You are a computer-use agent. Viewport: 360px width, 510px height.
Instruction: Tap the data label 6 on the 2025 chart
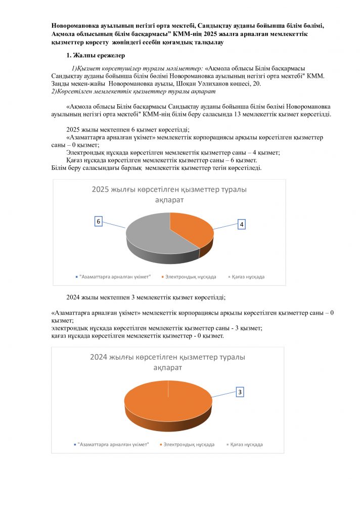pyautogui.click(x=99, y=222)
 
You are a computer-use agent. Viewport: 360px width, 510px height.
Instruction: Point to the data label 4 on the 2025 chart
pyautogui.click(x=242, y=224)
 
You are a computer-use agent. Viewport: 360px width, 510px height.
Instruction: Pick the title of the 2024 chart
pyautogui.click(x=167, y=361)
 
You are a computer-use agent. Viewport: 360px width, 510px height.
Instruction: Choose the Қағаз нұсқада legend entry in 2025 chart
pyautogui.click(x=247, y=277)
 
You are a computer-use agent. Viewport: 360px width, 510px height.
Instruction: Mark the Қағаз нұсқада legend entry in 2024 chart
pyautogui.click(x=245, y=444)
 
